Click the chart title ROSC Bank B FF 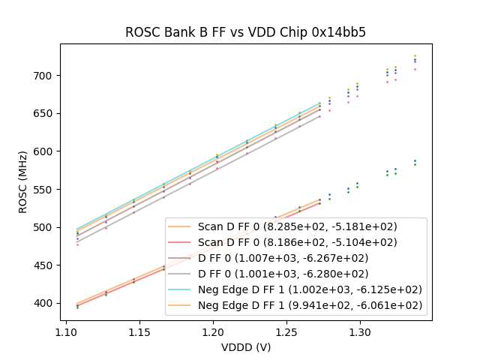[x=245, y=32]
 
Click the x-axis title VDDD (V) [x=245, y=346]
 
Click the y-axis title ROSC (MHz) [x=24, y=182]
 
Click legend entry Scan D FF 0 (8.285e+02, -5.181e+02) [x=297, y=226]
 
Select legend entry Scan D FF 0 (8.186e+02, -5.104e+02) [x=297, y=242]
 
